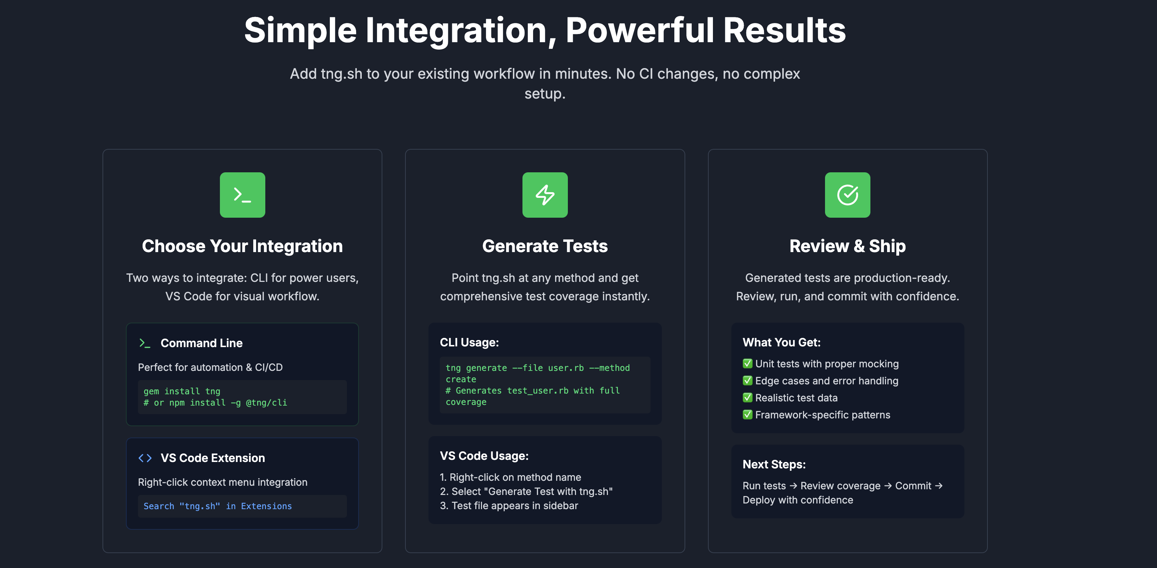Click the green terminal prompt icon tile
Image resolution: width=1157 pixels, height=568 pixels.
coord(242,195)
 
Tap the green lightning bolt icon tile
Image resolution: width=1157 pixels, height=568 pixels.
coord(545,195)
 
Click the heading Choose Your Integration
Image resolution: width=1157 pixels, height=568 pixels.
coord(242,246)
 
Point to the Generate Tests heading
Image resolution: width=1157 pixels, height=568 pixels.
coord(545,246)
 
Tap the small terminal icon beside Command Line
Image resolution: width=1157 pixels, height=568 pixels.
coord(144,343)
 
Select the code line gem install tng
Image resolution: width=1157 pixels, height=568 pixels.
coord(182,391)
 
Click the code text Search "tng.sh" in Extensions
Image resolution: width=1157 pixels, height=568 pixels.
coord(217,506)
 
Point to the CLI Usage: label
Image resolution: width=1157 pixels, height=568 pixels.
coord(469,343)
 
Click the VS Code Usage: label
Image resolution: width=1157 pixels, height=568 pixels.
coord(484,456)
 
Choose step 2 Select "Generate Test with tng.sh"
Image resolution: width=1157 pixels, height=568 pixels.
coord(526,491)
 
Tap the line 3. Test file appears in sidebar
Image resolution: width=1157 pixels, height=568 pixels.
coord(509,506)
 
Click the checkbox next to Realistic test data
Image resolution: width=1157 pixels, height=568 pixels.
coord(747,397)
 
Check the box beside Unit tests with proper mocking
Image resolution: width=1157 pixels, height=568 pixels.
coord(747,363)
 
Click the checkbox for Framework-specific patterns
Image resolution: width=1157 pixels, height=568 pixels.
coord(747,414)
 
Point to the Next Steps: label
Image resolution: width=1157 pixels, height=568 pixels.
coord(774,464)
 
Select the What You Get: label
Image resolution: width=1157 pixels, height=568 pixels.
coord(781,343)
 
